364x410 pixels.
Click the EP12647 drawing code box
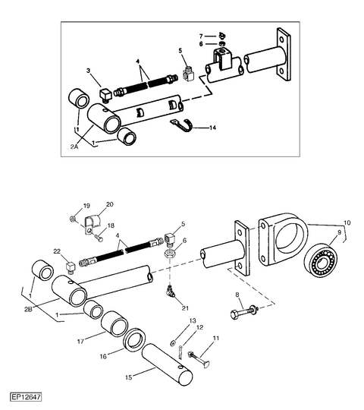point(26,397)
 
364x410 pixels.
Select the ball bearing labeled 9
point(321,261)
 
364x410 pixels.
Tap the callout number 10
point(347,222)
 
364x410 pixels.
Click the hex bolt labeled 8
point(244,311)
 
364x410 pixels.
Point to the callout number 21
point(185,308)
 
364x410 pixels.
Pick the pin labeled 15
point(167,364)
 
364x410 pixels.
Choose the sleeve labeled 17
point(115,323)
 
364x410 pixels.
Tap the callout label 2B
point(28,309)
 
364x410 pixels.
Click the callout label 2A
point(74,147)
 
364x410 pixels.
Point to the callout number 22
point(57,251)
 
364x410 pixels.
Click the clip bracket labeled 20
point(93,222)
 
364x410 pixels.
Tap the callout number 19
point(86,206)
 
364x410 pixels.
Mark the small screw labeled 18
point(100,238)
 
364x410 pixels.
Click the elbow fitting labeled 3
point(105,96)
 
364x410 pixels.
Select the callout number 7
point(201,36)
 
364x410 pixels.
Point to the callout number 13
point(193,321)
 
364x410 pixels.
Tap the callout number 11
point(216,338)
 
